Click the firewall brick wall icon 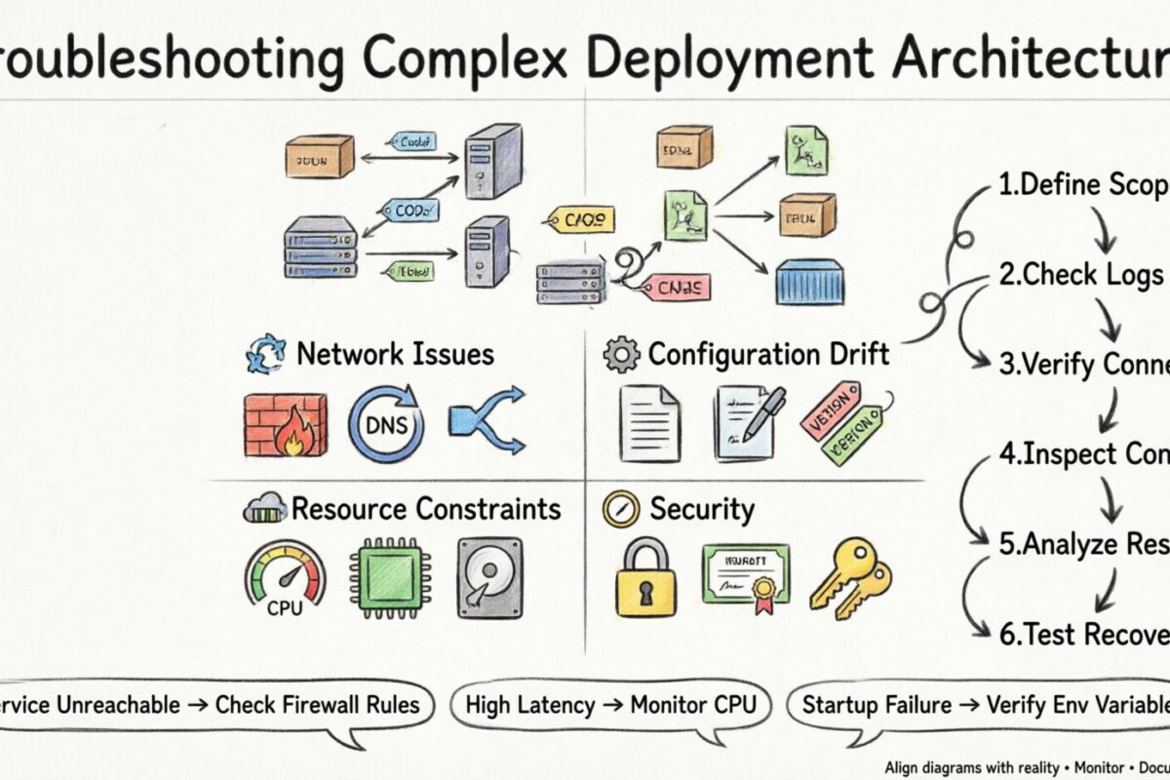(285, 425)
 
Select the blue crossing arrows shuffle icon (486, 422)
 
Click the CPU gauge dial (286, 581)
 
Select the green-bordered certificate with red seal (746, 574)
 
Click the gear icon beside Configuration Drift (622, 355)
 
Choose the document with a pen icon (748, 421)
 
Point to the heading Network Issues (395, 354)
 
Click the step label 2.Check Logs (1080, 275)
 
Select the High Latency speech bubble (609, 704)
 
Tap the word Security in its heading (701, 509)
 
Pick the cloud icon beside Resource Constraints (266, 509)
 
